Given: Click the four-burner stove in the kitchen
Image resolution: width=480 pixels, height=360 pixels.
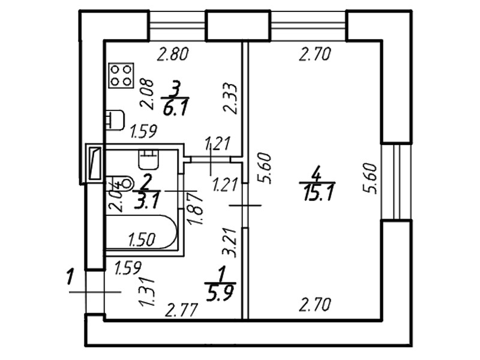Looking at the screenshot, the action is (121, 75).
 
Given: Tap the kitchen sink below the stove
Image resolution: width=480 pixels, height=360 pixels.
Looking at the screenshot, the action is (115, 119).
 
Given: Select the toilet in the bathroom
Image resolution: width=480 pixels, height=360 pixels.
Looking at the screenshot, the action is (146, 159).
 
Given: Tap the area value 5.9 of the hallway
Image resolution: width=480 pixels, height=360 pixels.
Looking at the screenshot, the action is (220, 293).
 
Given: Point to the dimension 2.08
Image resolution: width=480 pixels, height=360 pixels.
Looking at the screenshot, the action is (147, 94).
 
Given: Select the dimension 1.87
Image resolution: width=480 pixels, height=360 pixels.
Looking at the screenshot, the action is (193, 208).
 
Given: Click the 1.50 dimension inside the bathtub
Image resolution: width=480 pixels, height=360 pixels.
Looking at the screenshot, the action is (142, 239).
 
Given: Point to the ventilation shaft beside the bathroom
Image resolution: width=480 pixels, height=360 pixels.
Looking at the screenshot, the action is (95, 161).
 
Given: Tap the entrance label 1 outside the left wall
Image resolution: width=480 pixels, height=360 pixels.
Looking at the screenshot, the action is (70, 278).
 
